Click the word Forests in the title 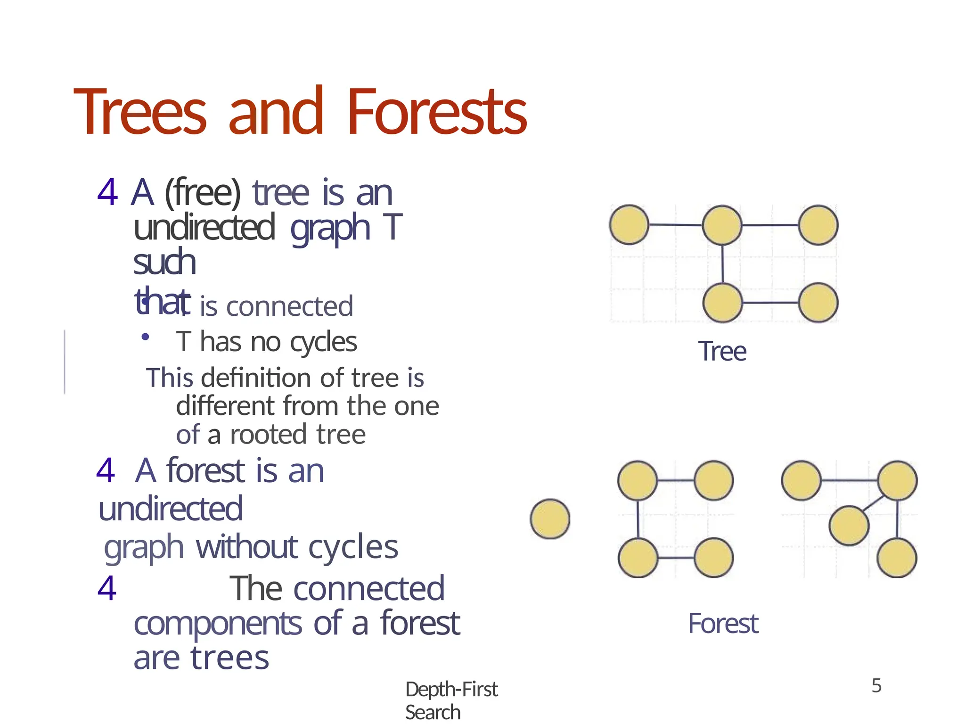click(437, 113)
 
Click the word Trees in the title click(140, 113)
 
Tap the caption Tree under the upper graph click(722, 352)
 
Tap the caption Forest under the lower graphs click(723, 624)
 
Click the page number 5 click(876, 686)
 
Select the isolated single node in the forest click(550, 519)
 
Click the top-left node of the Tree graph click(629, 225)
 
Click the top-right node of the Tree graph click(818, 225)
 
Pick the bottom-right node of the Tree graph click(818, 302)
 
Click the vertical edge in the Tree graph click(722, 264)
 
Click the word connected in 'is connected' click(289, 306)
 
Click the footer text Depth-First click(451, 690)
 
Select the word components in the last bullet click(218, 624)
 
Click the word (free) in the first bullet click(203, 193)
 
